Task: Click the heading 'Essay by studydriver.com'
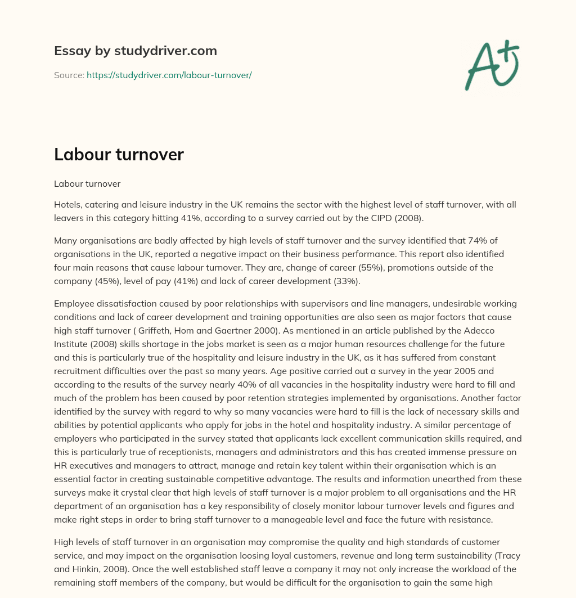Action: (135, 51)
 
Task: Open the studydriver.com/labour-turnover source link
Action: (169, 75)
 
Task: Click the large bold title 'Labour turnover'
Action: (119, 155)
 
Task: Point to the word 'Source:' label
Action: (69, 75)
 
